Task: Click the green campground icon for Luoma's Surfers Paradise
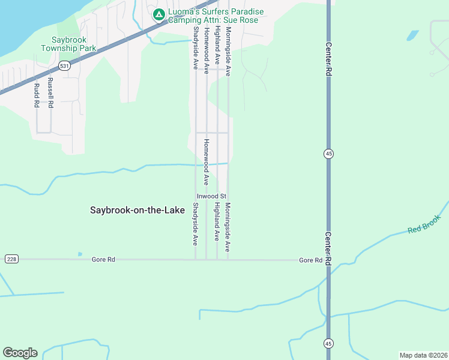click(159, 15)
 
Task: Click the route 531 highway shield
click(65, 65)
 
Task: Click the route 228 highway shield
click(11, 259)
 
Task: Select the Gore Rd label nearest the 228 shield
click(103, 260)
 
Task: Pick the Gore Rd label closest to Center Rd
click(311, 260)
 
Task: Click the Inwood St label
click(211, 196)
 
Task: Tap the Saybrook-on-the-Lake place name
click(137, 210)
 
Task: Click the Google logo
click(20, 353)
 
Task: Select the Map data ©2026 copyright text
click(423, 355)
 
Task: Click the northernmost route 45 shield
click(328, 154)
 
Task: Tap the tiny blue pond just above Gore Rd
click(80, 254)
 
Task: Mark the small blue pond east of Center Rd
click(412, 35)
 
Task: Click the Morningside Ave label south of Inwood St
click(228, 227)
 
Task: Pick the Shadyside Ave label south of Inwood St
click(195, 224)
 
